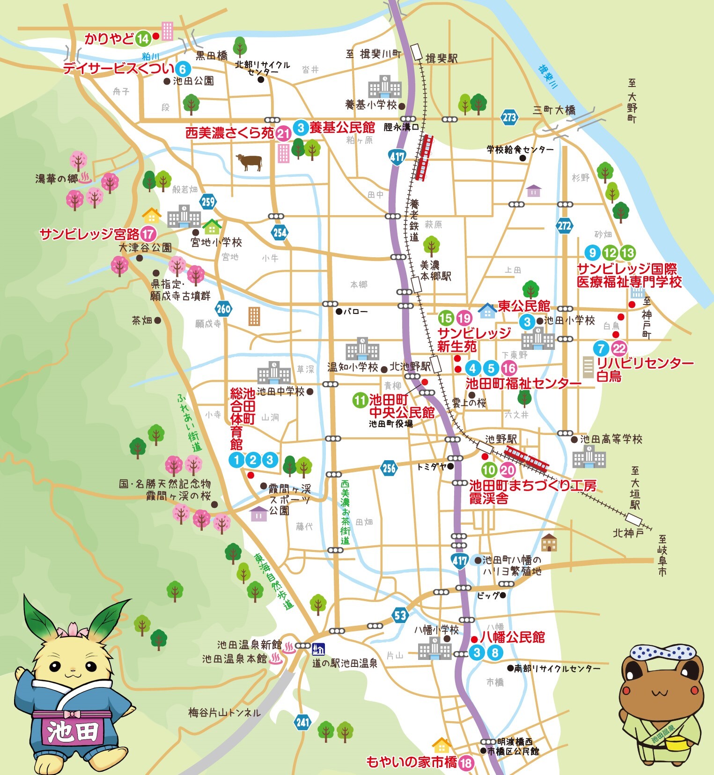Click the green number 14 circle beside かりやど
[x=143, y=39]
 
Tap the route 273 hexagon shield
[x=509, y=117]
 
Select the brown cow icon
[x=250, y=162]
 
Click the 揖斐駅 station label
[x=442, y=58]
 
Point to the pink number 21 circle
[x=283, y=134]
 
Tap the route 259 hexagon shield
[x=208, y=202]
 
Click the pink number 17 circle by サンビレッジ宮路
[x=148, y=234]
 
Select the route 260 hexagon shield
[x=224, y=308]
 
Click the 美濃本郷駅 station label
[x=435, y=271]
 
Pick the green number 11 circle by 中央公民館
[x=360, y=400]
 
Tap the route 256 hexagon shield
[x=389, y=468]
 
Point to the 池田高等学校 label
[x=611, y=439]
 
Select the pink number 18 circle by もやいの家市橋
[x=466, y=763]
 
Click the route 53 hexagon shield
[x=400, y=615]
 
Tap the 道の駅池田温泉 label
[x=345, y=663]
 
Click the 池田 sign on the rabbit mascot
[x=73, y=731]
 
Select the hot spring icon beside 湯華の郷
[x=86, y=178]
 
